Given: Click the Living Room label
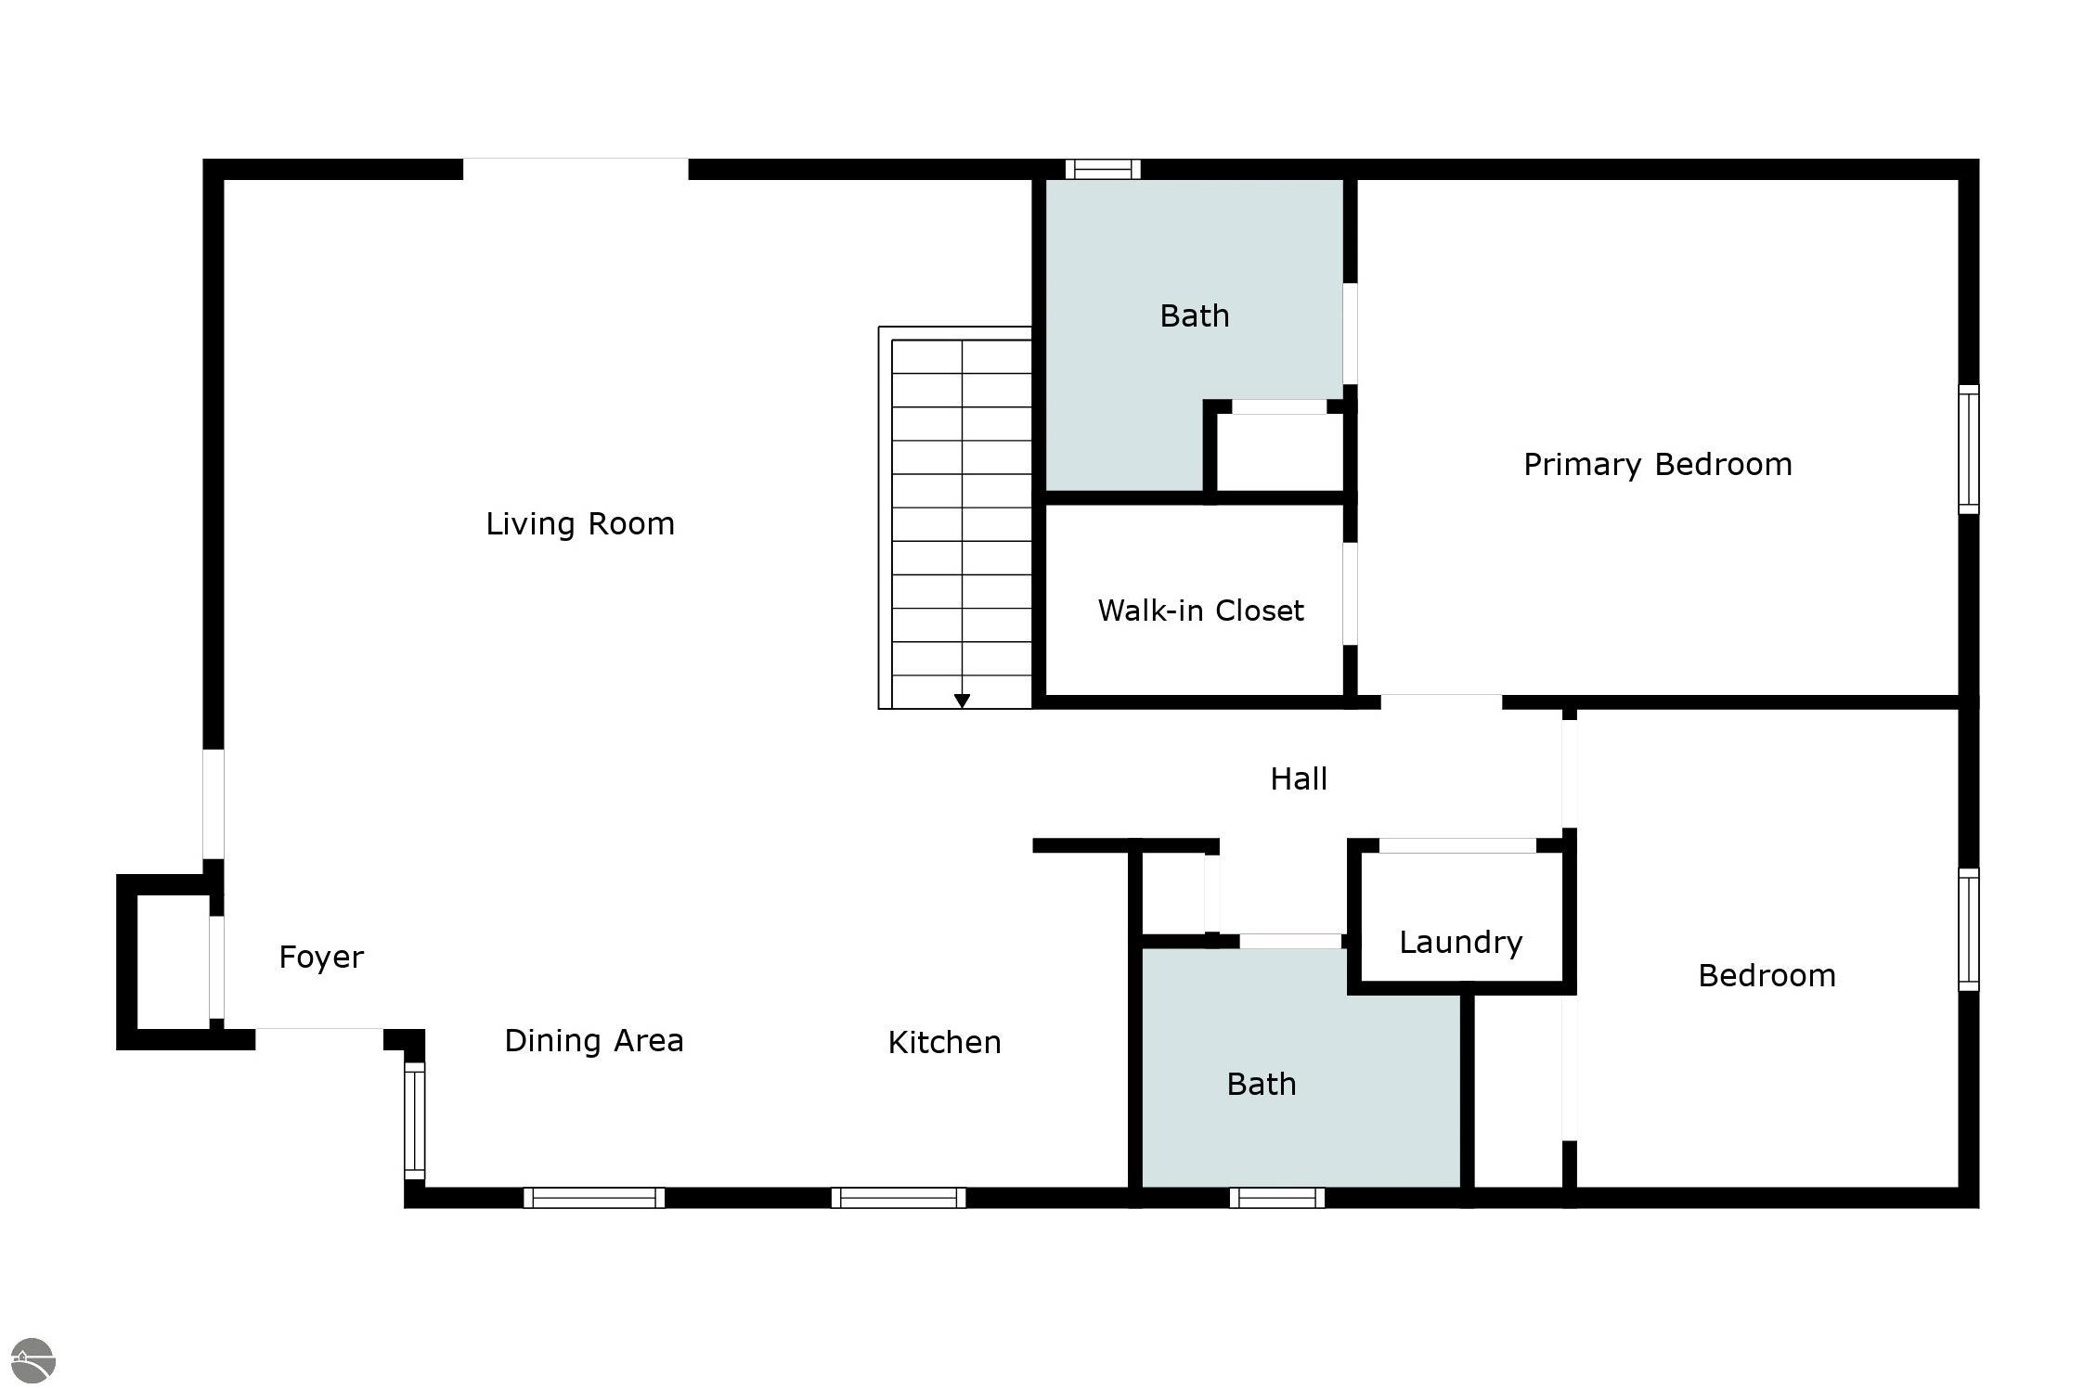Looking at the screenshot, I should (x=580, y=524).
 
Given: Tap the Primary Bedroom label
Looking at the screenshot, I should (x=1657, y=464).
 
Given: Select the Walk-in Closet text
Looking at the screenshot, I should (x=1200, y=611).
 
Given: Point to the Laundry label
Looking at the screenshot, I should (x=1460, y=943).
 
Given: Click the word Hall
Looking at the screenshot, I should (x=1298, y=778).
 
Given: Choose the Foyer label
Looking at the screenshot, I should (x=321, y=957).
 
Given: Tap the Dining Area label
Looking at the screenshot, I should (x=594, y=1041).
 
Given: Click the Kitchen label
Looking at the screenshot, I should (x=944, y=1043).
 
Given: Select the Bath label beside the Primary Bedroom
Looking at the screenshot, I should (x=1194, y=316).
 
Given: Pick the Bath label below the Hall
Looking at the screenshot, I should (x=1261, y=1084).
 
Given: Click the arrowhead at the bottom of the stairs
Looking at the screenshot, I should (x=962, y=701).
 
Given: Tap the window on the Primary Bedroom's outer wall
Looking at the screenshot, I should (x=1968, y=449).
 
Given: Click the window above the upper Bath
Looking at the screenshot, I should (x=1102, y=169).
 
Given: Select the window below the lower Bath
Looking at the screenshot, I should (x=1276, y=1198).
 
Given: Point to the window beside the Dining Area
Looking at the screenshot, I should (x=414, y=1121).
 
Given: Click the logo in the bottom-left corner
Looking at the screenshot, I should (x=33, y=1361).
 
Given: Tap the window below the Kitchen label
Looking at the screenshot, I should (x=898, y=1198).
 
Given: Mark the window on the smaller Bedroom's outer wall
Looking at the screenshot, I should (x=1968, y=930).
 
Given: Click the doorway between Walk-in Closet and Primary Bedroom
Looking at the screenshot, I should (x=1351, y=594).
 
